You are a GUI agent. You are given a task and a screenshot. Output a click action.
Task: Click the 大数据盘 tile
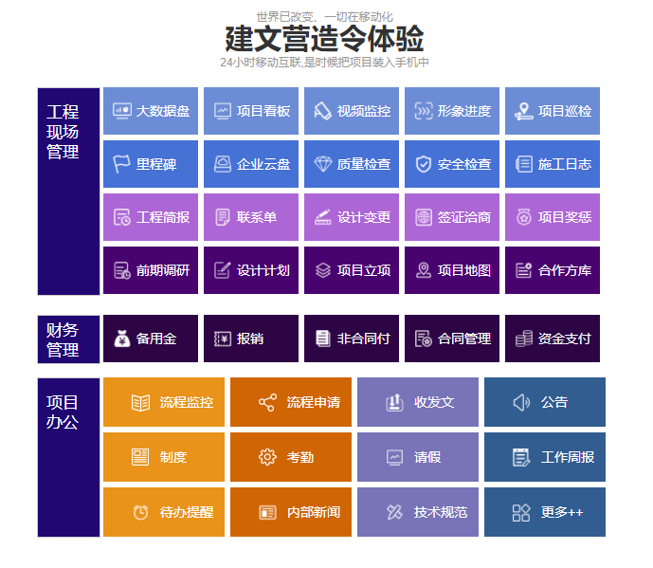pyautogui.click(x=151, y=111)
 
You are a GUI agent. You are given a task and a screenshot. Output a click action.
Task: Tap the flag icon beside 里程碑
pyautogui.click(x=121, y=164)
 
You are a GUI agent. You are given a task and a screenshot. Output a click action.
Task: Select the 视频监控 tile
pyautogui.click(x=352, y=111)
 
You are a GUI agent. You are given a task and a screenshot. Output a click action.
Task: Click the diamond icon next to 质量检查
pyautogui.click(x=323, y=164)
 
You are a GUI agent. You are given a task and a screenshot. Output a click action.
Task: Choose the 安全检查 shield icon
pyautogui.click(x=423, y=164)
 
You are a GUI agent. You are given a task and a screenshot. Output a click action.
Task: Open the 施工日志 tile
pyautogui.click(x=553, y=164)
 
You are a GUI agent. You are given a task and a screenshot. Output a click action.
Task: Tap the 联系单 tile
pyautogui.click(x=251, y=217)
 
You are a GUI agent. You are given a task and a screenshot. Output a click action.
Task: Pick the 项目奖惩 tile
pyautogui.click(x=553, y=217)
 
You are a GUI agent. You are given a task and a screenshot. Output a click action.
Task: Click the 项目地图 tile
pyautogui.click(x=452, y=270)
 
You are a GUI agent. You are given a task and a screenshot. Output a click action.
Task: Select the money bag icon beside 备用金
pyautogui.click(x=122, y=339)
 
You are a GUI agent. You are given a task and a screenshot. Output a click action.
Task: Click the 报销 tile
pyautogui.click(x=251, y=339)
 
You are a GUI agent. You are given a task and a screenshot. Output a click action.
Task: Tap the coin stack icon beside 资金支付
pyautogui.click(x=524, y=339)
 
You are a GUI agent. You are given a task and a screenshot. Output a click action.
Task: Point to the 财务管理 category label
pyautogui.click(x=63, y=339)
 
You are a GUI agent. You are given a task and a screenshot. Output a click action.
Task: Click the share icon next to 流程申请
pyautogui.click(x=267, y=402)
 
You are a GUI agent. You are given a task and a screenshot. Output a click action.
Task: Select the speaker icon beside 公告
pyautogui.click(x=521, y=402)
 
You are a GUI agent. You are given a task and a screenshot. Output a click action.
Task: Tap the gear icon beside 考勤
pyautogui.click(x=267, y=457)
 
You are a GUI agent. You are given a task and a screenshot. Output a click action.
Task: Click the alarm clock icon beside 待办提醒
pyautogui.click(x=141, y=512)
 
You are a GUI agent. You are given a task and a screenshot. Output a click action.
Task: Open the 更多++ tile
pyautogui.click(x=545, y=512)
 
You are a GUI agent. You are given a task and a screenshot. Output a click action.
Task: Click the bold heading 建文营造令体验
pyautogui.click(x=324, y=39)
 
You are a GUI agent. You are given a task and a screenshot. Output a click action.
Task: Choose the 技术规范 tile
pyautogui.click(x=418, y=512)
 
